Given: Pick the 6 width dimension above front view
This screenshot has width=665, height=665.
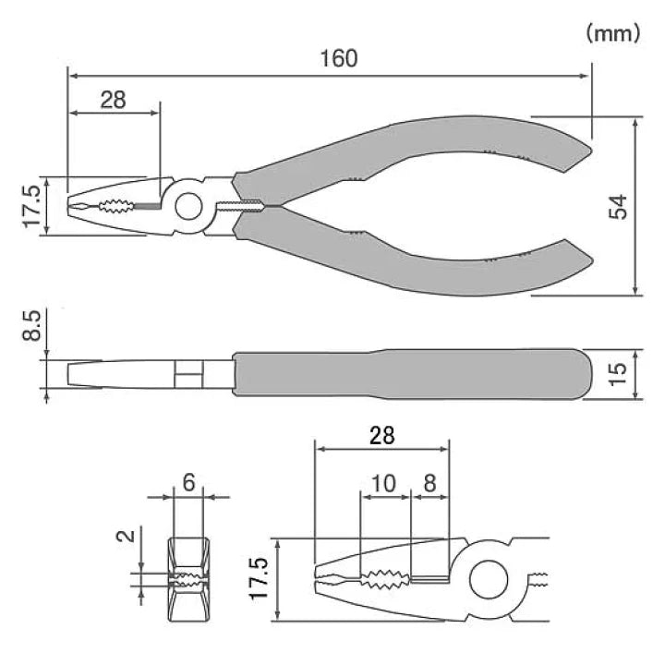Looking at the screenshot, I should click(188, 481).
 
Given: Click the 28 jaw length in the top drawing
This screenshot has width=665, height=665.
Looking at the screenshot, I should click(113, 100).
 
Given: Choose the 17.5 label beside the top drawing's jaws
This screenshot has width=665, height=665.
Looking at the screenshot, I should click(30, 206).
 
